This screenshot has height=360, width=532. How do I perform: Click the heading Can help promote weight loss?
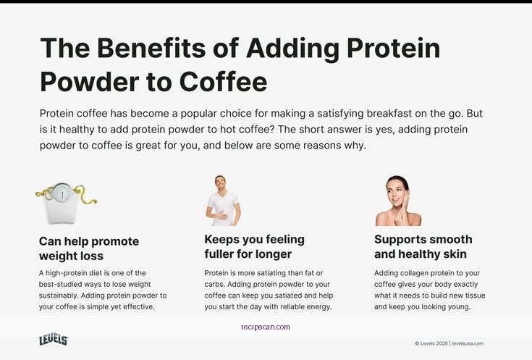coord(88,248)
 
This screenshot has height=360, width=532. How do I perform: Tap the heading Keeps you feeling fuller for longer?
coord(254,246)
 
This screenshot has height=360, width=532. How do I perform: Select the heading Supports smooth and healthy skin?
coord(423,246)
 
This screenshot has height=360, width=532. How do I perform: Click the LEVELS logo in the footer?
coord(53,340)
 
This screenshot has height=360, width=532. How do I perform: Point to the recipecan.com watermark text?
coord(266,327)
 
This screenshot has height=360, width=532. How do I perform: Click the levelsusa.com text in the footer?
coord(468,343)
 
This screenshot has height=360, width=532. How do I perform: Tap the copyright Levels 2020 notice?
coord(431,343)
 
